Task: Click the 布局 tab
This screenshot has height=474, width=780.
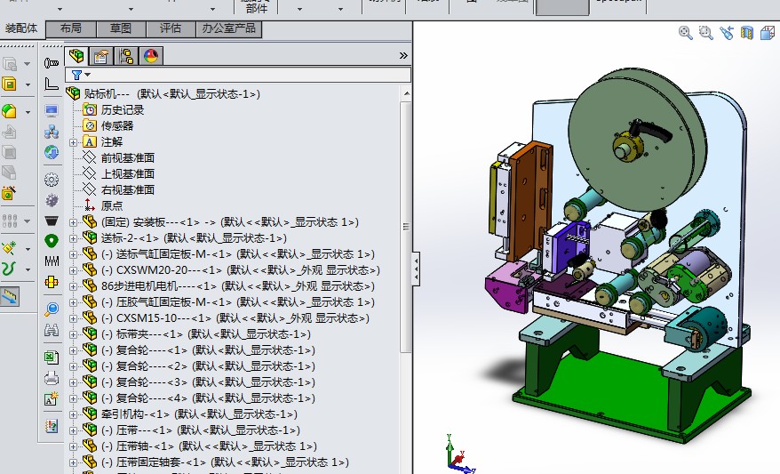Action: (71, 28)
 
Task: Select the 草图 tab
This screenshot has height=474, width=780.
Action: (121, 28)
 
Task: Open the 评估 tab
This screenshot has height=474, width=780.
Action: (170, 28)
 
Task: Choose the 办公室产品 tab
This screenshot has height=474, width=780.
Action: (227, 28)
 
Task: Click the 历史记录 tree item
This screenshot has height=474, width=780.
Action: (122, 110)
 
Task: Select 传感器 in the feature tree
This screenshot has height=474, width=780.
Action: (116, 126)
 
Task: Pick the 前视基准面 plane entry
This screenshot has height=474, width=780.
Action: (127, 158)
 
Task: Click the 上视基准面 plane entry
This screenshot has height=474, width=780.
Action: (127, 174)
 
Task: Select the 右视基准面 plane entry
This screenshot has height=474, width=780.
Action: (127, 190)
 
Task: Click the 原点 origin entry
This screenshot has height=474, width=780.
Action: (112, 205)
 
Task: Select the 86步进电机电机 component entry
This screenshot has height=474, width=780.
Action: (147, 286)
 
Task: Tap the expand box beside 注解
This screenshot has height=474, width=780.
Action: (74, 142)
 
